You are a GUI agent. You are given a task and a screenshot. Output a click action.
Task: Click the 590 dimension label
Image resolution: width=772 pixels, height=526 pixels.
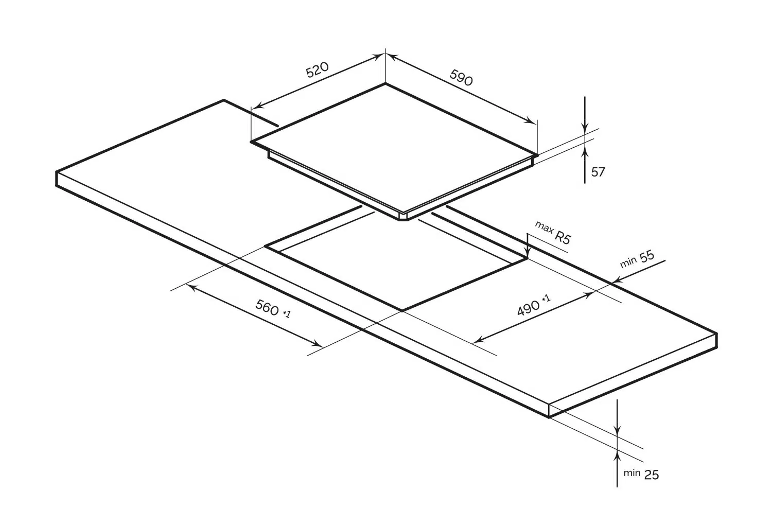(461, 78)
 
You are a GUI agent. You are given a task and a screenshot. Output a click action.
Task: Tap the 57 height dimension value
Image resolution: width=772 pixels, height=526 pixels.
(598, 172)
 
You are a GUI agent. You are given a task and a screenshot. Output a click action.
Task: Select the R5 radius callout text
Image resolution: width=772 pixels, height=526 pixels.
(563, 237)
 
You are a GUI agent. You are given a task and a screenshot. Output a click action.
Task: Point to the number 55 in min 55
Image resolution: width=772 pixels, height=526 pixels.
(646, 256)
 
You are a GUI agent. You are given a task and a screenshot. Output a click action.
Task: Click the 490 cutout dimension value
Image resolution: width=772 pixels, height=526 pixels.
(528, 308)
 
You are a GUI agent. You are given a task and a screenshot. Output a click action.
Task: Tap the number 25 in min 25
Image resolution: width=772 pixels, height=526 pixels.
(652, 475)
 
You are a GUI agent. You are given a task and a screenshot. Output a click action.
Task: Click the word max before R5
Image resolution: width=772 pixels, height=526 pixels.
(544, 227)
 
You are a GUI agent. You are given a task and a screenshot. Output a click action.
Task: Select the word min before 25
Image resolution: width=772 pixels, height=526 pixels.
(631, 473)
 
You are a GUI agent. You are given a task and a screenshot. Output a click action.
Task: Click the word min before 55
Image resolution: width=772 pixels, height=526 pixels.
(628, 262)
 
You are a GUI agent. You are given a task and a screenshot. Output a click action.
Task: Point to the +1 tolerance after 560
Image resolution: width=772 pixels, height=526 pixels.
(287, 313)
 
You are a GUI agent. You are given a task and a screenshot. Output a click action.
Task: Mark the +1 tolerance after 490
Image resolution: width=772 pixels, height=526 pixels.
(546, 299)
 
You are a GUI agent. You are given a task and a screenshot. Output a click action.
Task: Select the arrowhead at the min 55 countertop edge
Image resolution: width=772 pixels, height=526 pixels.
(618, 280)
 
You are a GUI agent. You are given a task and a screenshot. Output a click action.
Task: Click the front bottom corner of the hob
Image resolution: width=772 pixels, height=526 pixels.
(403, 219)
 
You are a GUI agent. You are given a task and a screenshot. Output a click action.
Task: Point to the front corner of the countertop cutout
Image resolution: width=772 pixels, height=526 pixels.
(402, 310)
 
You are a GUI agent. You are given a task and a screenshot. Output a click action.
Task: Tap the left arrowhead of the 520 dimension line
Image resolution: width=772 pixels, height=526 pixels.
(258, 106)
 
